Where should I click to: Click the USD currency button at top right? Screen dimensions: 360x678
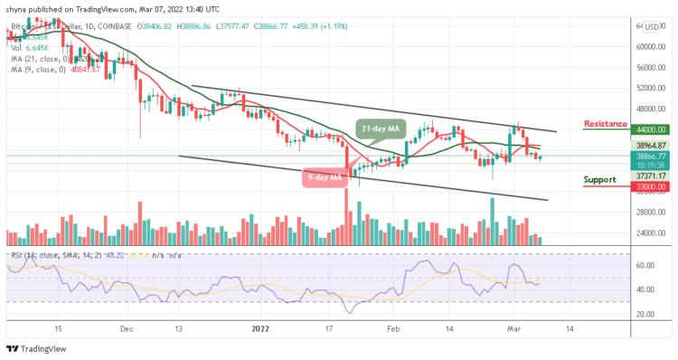coord(651,27)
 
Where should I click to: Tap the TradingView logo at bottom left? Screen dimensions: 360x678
coord(32,349)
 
